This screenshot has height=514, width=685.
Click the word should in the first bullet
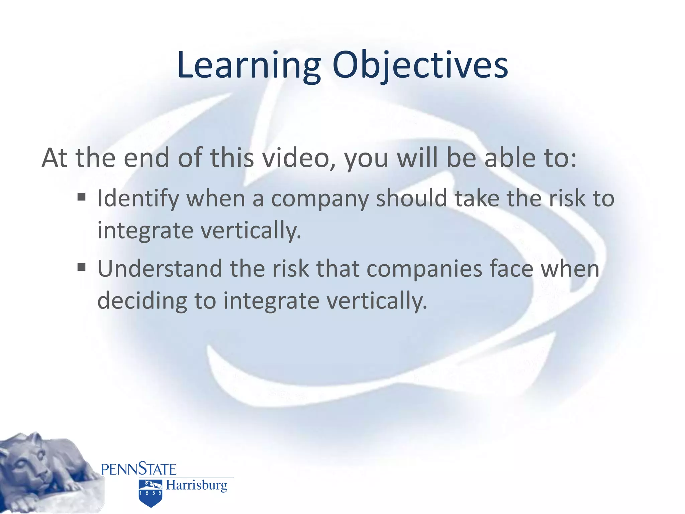click(x=412, y=198)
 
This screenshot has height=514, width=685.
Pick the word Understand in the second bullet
click(x=160, y=268)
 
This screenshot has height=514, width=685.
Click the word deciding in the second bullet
click(x=142, y=301)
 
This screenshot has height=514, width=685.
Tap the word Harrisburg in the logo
click(x=197, y=485)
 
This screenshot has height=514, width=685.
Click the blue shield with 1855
click(x=151, y=493)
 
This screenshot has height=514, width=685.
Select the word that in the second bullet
click(x=338, y=268)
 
